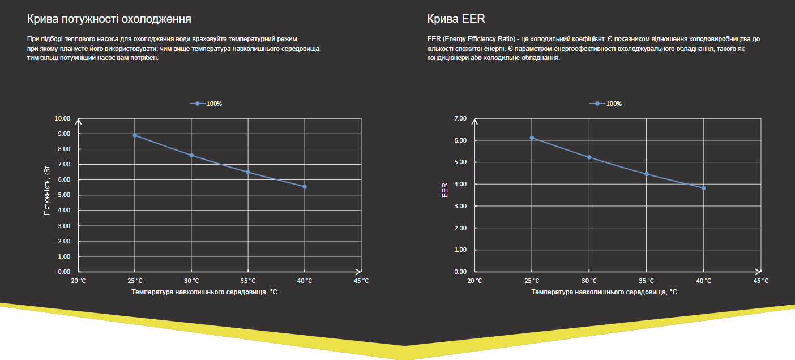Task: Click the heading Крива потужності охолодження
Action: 109,19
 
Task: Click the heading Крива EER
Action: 456,19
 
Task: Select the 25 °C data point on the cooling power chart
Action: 135,135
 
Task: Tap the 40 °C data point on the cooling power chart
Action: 305,186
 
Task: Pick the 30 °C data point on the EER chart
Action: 589,157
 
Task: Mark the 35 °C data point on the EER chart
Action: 646,174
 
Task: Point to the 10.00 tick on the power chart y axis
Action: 62,118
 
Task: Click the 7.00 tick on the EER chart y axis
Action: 460,118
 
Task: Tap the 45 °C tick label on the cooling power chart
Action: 361,281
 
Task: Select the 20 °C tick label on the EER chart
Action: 475,281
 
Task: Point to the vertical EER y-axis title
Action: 445,190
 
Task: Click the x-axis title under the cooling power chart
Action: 204,292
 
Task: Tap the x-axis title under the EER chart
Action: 604,292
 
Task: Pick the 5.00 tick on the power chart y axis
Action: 63,195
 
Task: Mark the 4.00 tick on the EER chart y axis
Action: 460,184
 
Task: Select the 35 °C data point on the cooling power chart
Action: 248,172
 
